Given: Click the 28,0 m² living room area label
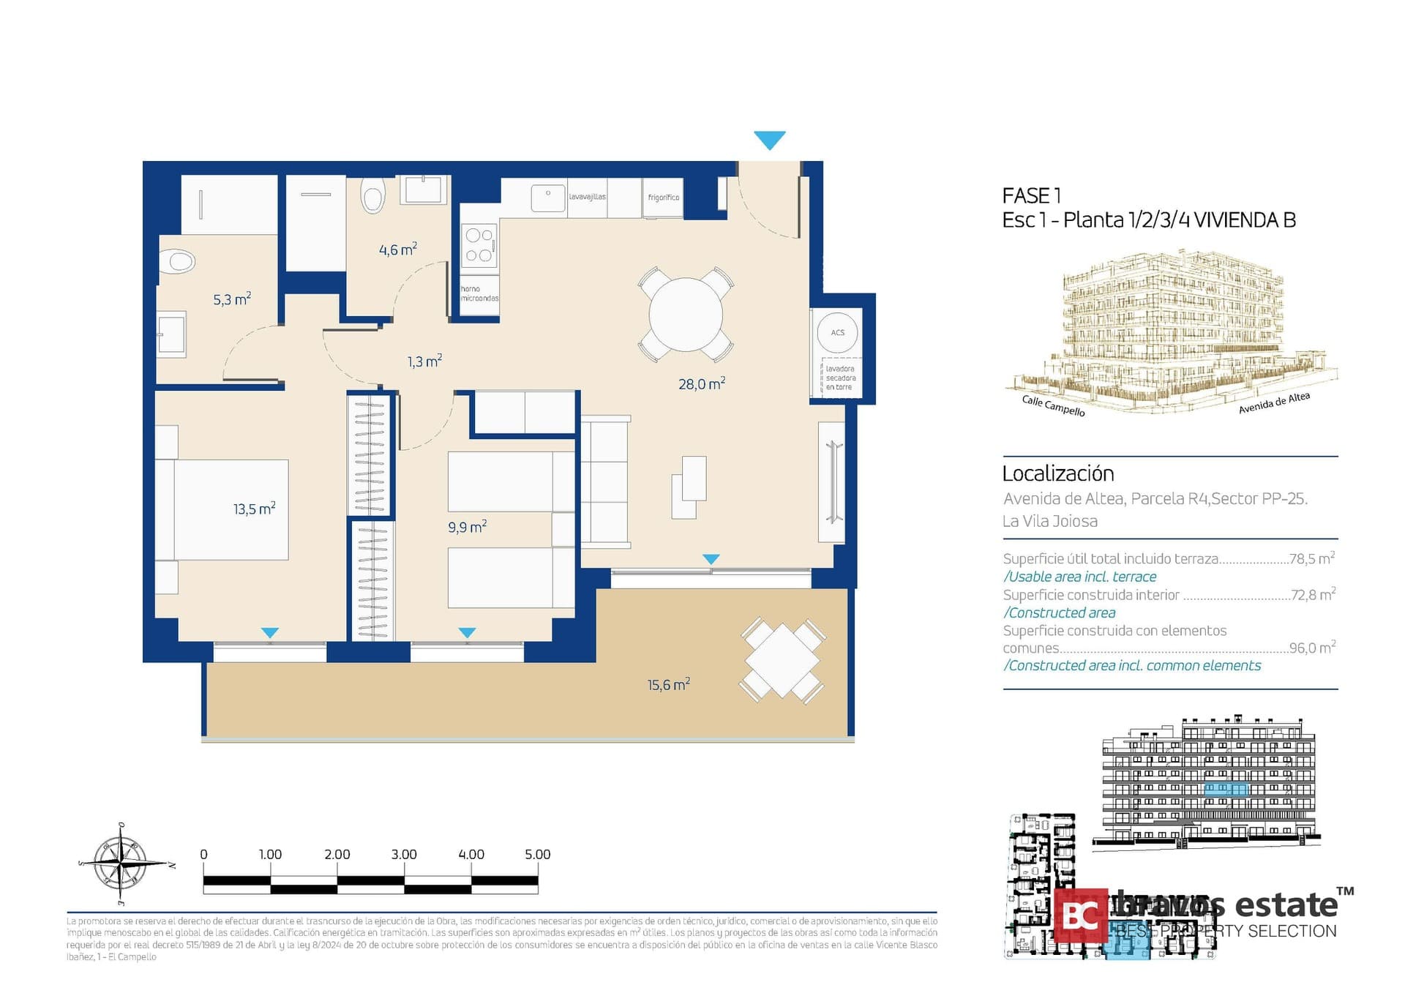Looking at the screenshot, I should pyautogui.click(x=701, y=383).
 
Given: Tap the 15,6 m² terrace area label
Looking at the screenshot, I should pyautogui.click(x=668, y=685).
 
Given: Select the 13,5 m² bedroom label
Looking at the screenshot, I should pyautogui.click(x=254, y=509).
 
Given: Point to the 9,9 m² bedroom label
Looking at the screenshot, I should pyautogui.click(x=467, y=527).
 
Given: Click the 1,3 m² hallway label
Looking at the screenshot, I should pyautogui.click(x=424, y=361).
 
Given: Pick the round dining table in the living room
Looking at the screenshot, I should pyautogui.click(x=686, y=315).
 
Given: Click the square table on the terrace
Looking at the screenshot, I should pyautogui.click(x=782, y=661).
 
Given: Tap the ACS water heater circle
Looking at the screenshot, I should pyautogui.click(x=837, y=333).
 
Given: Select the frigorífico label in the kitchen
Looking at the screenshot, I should pyautogui.click(x=663, y=198).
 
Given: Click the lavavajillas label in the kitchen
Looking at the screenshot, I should pyautogui.click(x=587, y=197).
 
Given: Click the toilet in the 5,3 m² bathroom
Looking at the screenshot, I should pyautogui.click(x=178, y=261).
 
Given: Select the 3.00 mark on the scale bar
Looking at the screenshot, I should pyautogui.click(x=403, y=855).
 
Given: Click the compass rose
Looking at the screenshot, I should pyautogui.click(x=121, y=864).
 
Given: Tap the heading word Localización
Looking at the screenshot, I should pyautogui.click(x=1057, y=473).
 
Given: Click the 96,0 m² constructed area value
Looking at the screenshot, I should pyautogui.click(x=1311, y=648).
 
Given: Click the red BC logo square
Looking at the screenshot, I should pyautogui.click(x=1079, y=915).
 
